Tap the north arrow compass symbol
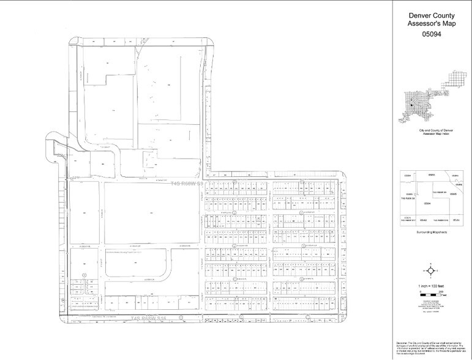click(x=432, y=270)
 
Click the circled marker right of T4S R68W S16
click(x=182, y=318)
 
